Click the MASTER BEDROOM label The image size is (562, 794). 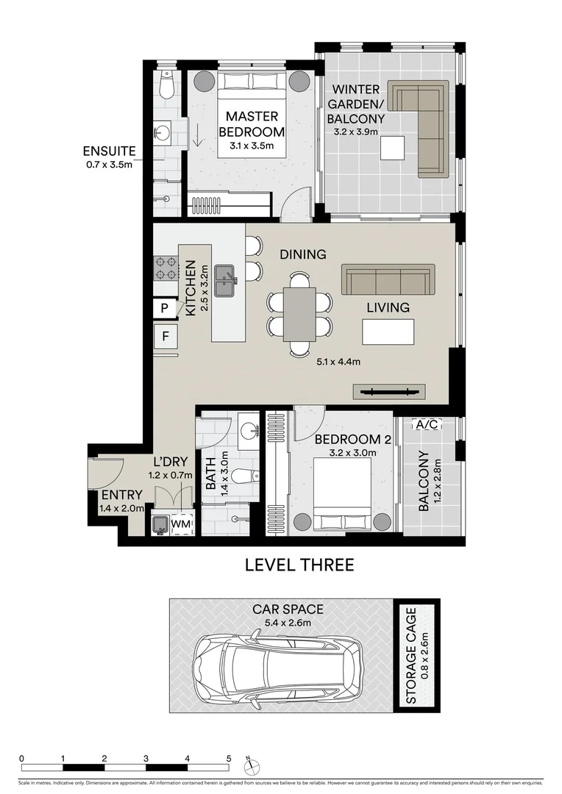click(252, 124)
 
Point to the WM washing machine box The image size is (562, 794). click(181, 523)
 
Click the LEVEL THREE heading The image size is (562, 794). click(299, 565)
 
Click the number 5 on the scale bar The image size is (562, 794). click(229, 758)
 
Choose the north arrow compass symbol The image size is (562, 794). click(252, 764)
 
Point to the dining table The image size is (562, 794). click(299, 314)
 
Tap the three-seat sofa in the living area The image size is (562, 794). click(386, 280)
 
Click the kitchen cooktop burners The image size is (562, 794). click(166, 268)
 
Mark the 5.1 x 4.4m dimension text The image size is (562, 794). click(338, 361)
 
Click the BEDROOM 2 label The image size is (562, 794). click(342, 440)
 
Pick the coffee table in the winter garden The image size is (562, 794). click(392, 148)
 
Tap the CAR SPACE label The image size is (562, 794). click(288, 609)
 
